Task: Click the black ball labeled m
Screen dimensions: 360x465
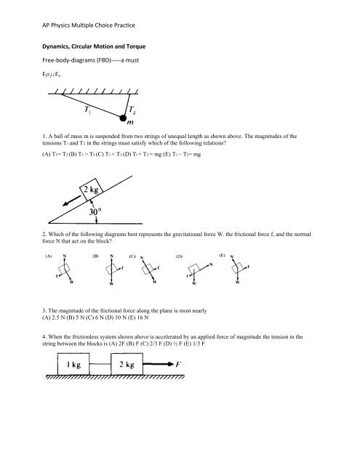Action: click(x=123, y=118)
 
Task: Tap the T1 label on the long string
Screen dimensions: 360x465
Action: click(x=87, y=110)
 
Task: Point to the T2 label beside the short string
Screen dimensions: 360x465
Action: click(x=132, y=110)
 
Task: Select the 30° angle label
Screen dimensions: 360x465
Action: click(x=95, y=211)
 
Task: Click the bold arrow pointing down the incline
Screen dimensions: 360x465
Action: click(x=71, y=201)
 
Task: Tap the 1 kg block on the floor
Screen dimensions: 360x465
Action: click(x=73, y=364)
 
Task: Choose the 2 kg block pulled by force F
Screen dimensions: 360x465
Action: click(x=127, y=364)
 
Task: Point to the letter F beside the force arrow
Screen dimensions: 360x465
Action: click(x=178, y=364)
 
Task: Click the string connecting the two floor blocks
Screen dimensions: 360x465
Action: click(x=100, y=364)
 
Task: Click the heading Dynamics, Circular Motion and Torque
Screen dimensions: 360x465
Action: click(x=94, y=46)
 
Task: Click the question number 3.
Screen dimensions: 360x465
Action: click(x=44, y=311)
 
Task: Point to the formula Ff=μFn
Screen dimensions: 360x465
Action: click(x=52, y=74)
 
